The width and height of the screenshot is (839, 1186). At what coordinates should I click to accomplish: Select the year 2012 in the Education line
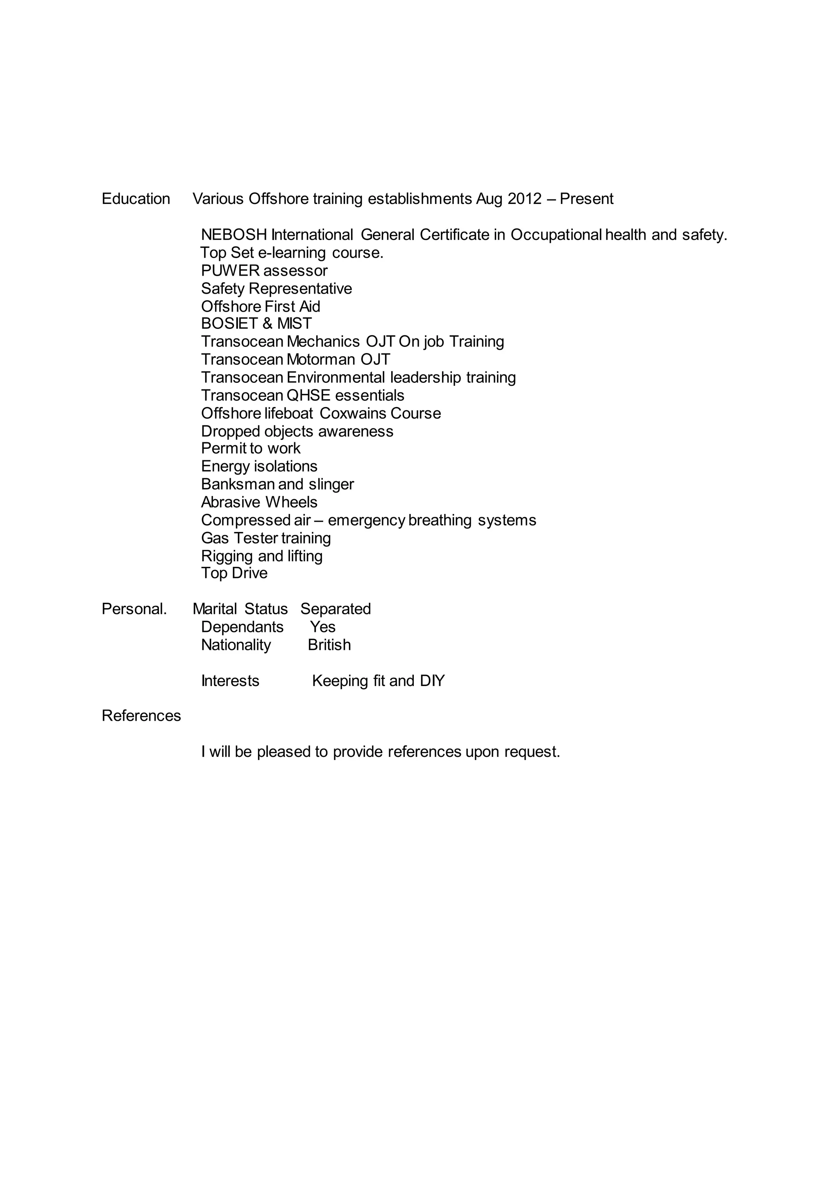click(524, 199)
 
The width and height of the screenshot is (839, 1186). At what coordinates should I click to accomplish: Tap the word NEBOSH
click(234, 235)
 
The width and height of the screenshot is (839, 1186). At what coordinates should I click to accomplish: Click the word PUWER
click(230, 271)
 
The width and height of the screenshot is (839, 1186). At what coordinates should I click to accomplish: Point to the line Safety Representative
click(277, 289)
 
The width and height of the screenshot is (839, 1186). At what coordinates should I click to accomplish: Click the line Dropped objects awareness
click(297, 431)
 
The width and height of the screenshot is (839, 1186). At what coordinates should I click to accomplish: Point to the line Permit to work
click(251, 448)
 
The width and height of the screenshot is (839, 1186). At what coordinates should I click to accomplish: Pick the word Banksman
click(238, 484)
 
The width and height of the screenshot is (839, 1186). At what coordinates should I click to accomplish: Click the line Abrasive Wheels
click(259, 502)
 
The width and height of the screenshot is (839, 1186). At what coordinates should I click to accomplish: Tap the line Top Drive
click(234, 573)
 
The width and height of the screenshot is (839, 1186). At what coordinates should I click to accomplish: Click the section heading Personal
click(134, 609)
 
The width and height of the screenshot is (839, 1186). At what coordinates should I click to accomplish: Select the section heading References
click(141, 716)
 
